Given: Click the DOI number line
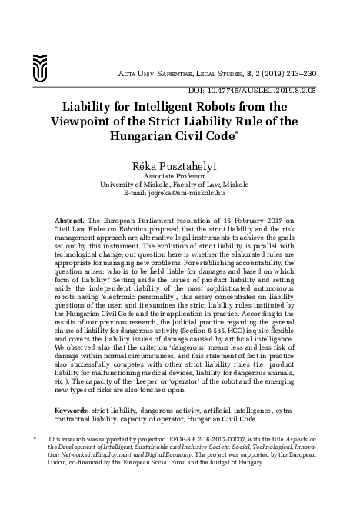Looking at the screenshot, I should (x=273, y=89).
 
